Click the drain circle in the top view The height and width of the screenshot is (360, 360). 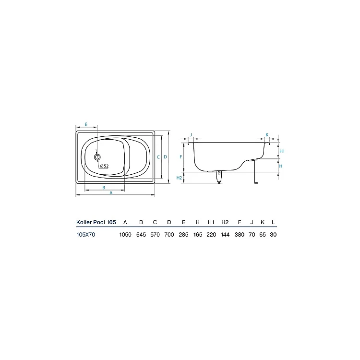97,157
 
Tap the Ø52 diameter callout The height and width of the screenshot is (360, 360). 104,166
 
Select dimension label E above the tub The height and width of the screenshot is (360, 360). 86,124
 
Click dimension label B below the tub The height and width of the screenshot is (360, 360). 104,188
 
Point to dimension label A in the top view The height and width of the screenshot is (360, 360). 111,193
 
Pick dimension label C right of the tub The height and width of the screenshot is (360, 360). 158,157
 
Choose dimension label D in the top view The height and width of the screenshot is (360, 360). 165,157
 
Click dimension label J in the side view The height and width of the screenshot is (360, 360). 191,135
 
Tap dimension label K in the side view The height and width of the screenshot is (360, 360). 267,135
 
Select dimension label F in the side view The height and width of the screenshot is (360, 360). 180,157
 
